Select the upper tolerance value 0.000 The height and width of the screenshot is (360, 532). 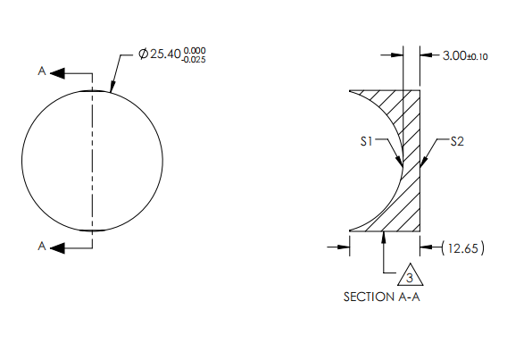coord(195,51)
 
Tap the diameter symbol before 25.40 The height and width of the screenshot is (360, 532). coord(144,55)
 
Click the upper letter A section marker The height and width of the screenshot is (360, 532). coord(42,72)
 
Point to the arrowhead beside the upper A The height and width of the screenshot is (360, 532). coord(55,72)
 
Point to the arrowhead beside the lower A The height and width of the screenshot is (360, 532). coord(55,247)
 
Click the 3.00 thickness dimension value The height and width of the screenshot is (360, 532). coord(453,55)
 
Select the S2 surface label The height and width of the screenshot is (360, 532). coord(458,141)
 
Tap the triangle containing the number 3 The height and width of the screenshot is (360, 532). coord(410,276)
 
